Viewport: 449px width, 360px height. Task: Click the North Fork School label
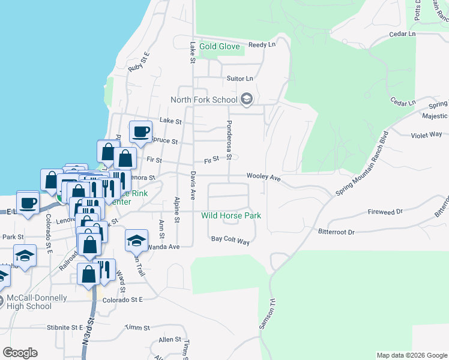click(x=203, y=100)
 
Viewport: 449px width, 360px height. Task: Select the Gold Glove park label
click(x=220, y=46)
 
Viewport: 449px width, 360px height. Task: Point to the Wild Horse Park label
click(x=231, y=215)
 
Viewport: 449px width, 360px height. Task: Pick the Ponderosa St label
click(x=229, y=139)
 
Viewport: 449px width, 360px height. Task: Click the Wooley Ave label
click(x=264, y=178)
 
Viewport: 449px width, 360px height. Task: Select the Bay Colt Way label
click(x=230, y=240)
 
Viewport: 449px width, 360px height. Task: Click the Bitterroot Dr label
click(x=337, y=232)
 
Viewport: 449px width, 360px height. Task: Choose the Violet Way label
click(x=426, y=135)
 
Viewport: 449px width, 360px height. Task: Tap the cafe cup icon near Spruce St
click(x=142, y=131)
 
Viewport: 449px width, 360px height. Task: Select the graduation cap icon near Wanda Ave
click(x=136, y=241)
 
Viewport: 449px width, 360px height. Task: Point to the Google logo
click(x=20, y=353)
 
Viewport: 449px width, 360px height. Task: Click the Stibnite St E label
click(x=64, y=328)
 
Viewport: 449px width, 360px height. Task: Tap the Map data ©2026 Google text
click(x=411, y=355)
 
